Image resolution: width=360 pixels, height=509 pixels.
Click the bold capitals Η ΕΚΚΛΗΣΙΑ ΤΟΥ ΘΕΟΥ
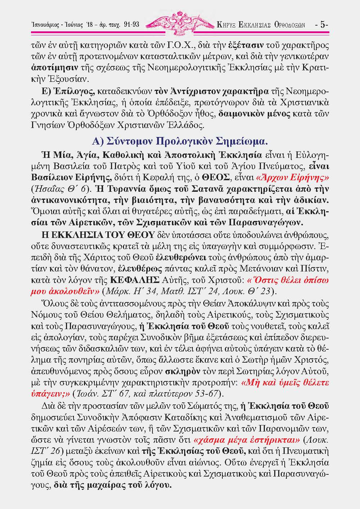click(x=98, y=235)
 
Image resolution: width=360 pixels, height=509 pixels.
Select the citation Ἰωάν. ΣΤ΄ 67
click(x=101, y=392)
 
